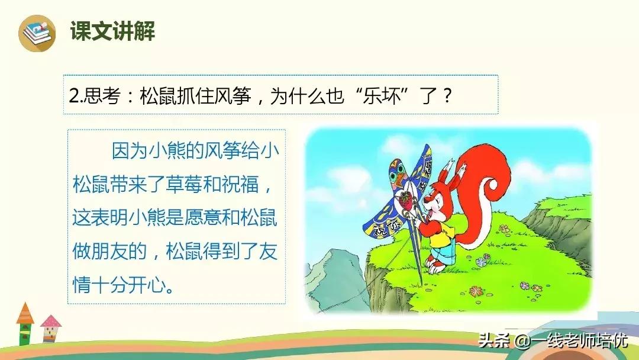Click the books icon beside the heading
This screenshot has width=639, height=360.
37,33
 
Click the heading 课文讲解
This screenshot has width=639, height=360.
113,31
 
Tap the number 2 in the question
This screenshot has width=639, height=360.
74,97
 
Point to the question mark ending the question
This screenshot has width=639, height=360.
447,97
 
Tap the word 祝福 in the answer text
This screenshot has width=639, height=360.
240,185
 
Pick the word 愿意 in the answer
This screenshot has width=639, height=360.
204,218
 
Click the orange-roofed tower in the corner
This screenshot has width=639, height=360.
25,324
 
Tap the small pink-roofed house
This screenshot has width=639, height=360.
50,328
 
